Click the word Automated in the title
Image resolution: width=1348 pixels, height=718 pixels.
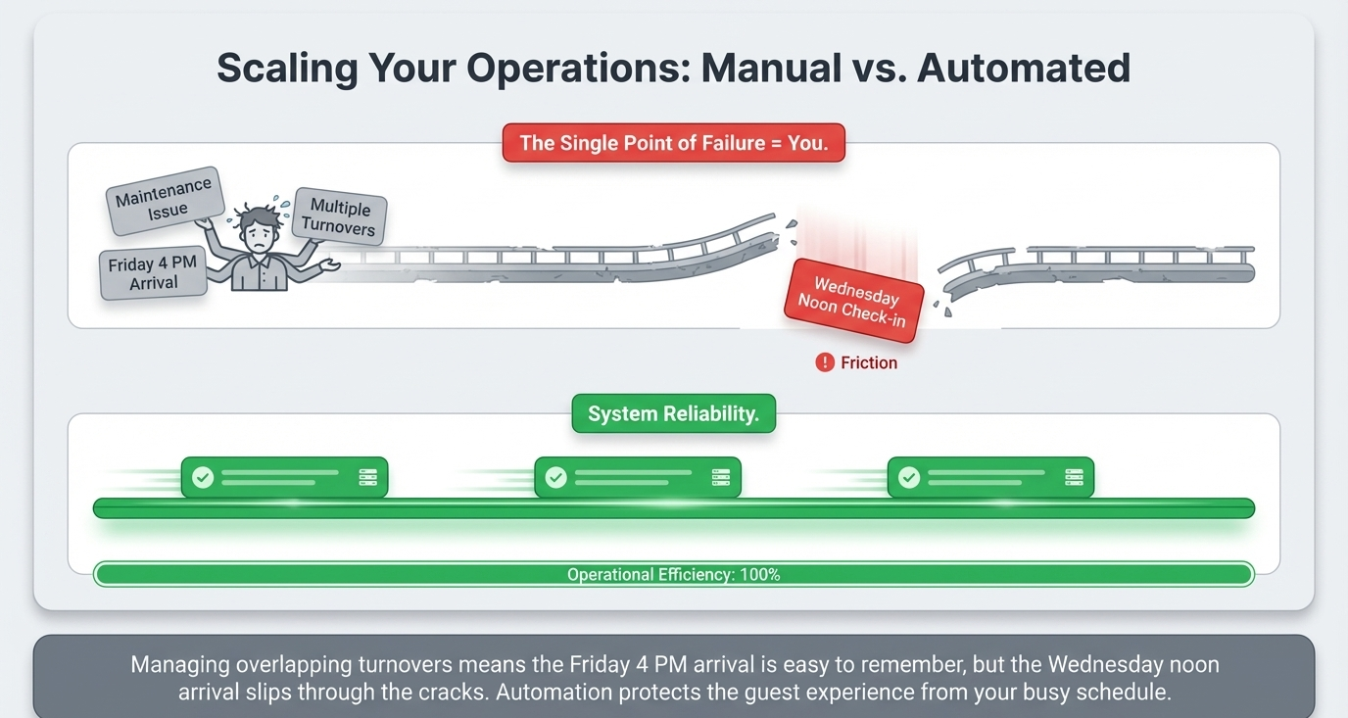(x=1024, y=68)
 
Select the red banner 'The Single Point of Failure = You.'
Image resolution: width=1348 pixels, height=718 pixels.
(x=673, y=143)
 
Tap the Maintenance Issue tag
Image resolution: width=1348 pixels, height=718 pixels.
(x=165, y=200)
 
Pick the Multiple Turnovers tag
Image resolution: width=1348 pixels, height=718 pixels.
(x=339, y=217)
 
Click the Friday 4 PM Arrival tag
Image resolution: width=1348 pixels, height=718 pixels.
(x=154, y=273)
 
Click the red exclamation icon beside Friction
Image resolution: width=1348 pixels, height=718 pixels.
(x=825, y=362)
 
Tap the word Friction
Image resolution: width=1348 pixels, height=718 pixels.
(x=869, y=362)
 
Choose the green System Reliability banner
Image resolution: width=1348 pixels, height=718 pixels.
(x=673, y=414)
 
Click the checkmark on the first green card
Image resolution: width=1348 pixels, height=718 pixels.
(x=203, y=477)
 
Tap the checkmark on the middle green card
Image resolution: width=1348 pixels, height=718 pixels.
(x=555, y=477)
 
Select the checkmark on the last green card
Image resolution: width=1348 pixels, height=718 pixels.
(x=909, y=477)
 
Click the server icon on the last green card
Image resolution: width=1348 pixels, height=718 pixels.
(x=1074, y=477)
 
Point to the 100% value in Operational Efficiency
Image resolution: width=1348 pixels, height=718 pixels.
(x=760, y=575)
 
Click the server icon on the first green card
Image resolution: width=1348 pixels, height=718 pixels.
(x=367, y=477)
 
